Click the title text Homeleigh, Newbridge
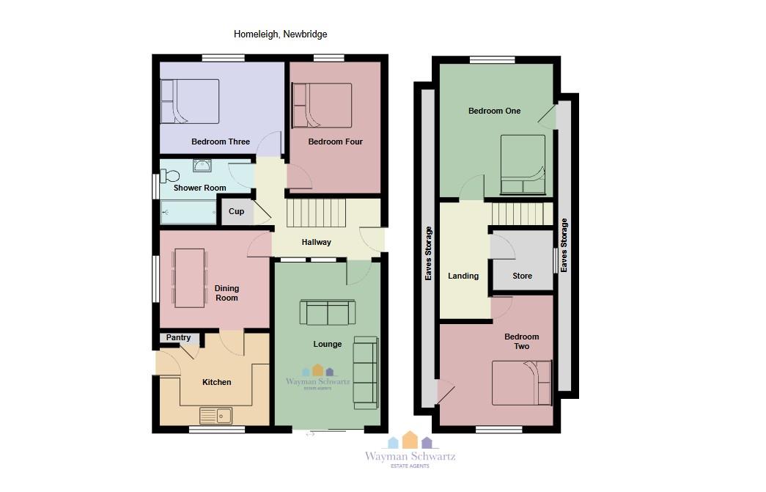point(281,34)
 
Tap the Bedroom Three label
point(221,142)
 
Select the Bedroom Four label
point(335,142)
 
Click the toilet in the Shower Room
point(169,175)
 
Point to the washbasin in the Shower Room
point(202,166)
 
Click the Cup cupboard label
point(236,212)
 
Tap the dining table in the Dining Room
point(190,278)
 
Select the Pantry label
point(178,337)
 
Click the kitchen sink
point(216,416)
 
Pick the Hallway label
point(316,243)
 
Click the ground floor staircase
point(316,213)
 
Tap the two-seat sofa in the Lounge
point(328,312)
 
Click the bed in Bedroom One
point(523,165)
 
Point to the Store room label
point(522,276)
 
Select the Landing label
point(463,276)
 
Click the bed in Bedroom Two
point(522,383)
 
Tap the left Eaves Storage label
point(428,253)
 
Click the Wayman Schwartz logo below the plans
point(410,450)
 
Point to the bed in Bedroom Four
point(322,106)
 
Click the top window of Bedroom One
point(493,60)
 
